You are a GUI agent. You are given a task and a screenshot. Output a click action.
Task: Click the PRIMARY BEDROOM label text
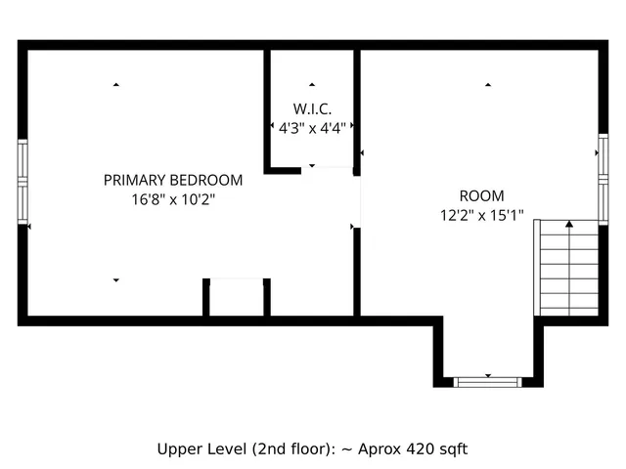(173, 181)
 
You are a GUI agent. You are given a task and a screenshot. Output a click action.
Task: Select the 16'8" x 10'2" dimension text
(173, 198)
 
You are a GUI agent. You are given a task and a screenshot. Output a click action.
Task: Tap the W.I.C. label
(312, 107)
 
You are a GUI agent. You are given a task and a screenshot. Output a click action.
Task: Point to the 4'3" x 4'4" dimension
(312, 126)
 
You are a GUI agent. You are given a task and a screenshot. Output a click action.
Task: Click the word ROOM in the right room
(481, 195)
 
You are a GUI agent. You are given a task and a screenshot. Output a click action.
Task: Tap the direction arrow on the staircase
(568, 226)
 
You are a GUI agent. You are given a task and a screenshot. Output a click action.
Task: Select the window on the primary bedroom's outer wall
(23, 181)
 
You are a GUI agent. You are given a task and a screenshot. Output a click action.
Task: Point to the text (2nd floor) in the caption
(283, 449)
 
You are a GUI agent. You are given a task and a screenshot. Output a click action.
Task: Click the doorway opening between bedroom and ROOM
(357, 200)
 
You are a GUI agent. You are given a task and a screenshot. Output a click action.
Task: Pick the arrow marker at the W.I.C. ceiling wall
(312, 85)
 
